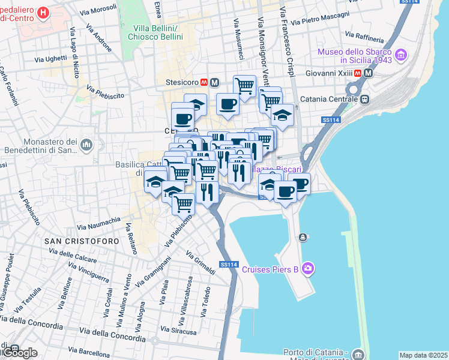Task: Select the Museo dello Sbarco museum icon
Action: pos(401,56)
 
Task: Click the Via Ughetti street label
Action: pos(51,59)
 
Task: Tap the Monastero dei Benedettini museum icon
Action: pos(86,145)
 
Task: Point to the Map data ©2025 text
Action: pos(424,355)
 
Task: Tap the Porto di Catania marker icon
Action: pos(358,354)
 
